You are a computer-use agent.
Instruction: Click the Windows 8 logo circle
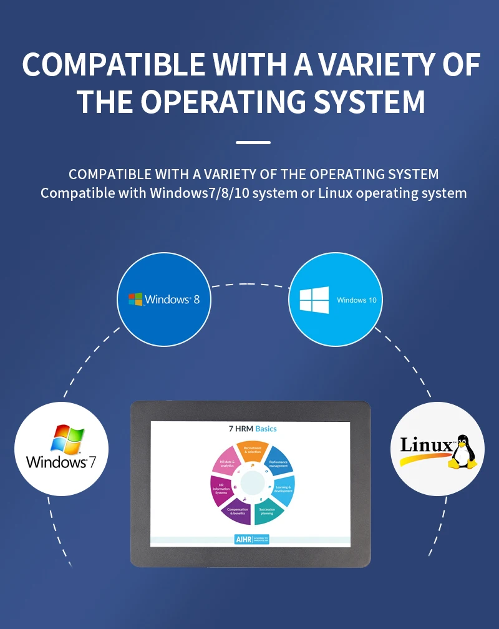coord(164,300)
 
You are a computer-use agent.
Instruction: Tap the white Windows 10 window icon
coord(314,300)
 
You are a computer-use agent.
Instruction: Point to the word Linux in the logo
coord(426,445)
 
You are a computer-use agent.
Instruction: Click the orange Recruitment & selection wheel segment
coord(253,451)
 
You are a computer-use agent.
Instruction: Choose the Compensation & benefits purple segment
coord(237,512)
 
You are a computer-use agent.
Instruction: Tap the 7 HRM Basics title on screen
coord(252,429)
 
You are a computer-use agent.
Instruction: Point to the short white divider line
coord(253,143)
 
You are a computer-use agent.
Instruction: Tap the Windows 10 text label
coord(357,300)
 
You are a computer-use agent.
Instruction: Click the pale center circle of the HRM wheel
coord(253,483)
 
